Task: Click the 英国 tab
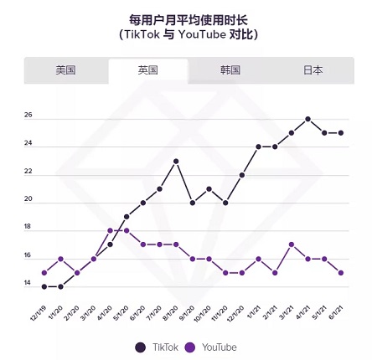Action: pos(148,71)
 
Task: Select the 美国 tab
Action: pos(66,71)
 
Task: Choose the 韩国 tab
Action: pos(230,71)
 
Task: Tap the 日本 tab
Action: pos(313,71)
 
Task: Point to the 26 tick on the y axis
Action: pos(28,116)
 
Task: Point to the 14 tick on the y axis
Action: pos(28,283)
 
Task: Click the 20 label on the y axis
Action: pos(28,199)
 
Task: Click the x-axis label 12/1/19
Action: pos(37,311)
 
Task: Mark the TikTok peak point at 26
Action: pos(308,119)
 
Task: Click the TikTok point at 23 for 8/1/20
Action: pos(176,161)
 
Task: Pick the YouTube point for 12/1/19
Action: pos(44,272)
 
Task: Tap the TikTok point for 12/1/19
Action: pos(44,286)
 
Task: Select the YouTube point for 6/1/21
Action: pos(341,272)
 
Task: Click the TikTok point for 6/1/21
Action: pos(341,132)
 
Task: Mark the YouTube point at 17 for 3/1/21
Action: pos(292,244)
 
